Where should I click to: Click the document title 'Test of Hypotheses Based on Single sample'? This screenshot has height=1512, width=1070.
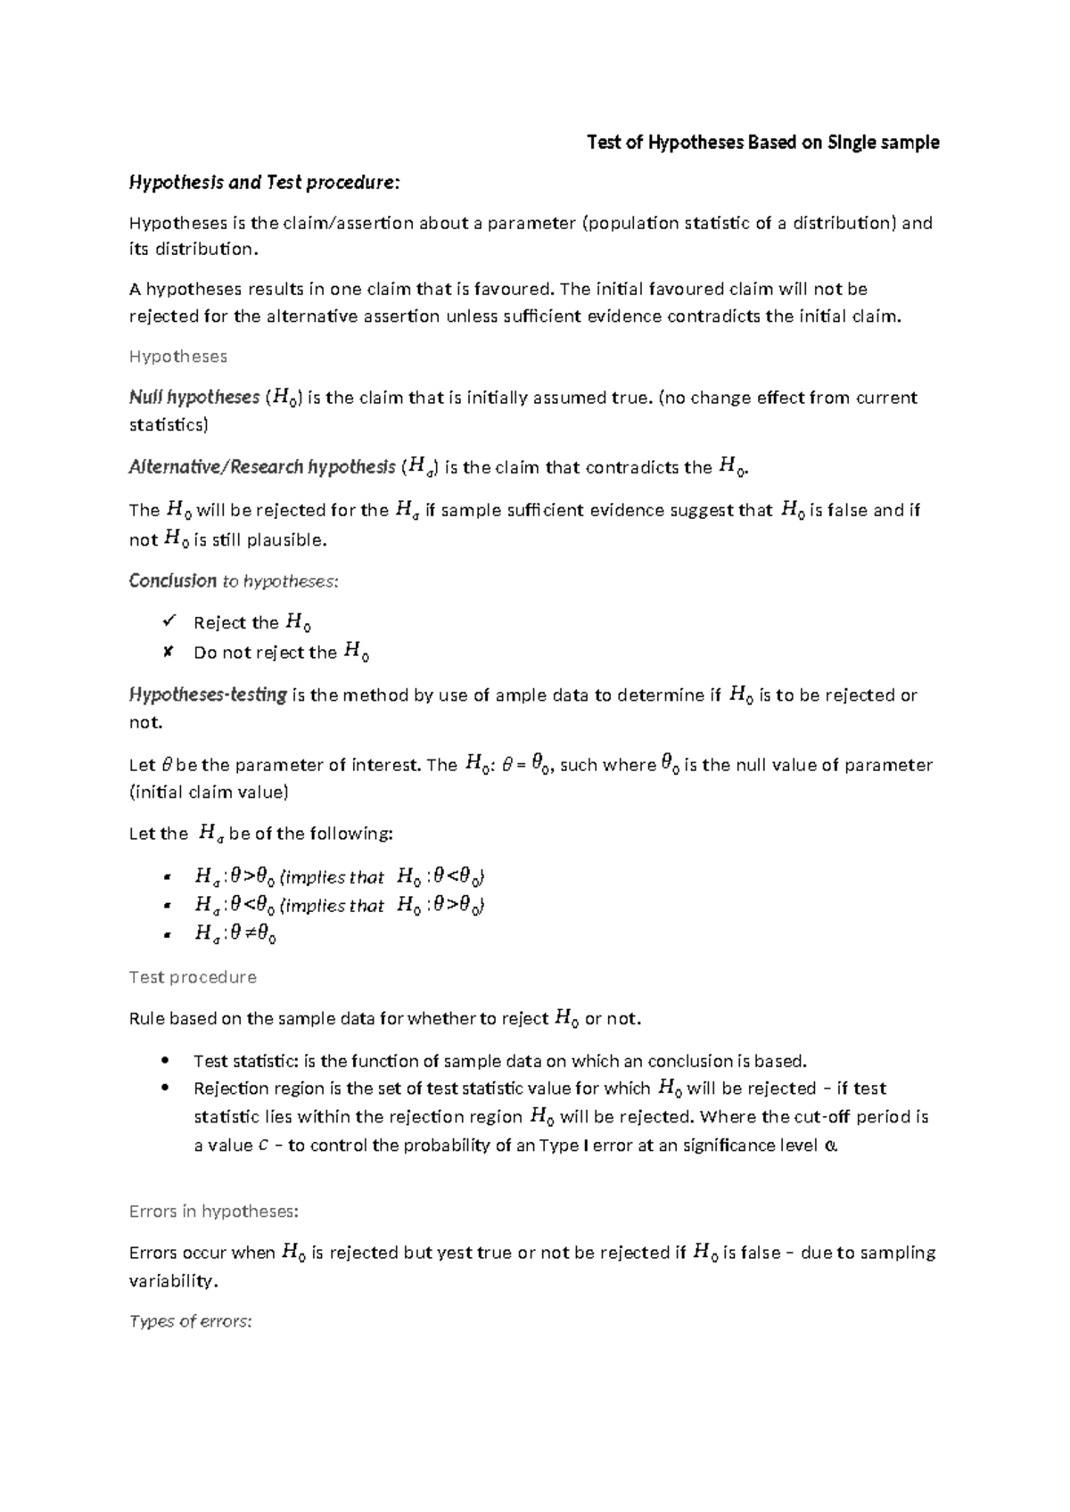tap(762, 143)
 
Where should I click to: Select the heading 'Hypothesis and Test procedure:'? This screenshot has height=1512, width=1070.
tap(265, 183)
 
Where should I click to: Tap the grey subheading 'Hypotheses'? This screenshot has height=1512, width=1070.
tap(177, 357)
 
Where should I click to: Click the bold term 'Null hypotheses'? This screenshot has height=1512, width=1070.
tap(194, 398)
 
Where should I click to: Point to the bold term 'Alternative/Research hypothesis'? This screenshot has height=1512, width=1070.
tap(262, 467)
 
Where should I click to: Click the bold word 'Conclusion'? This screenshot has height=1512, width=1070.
tap(172, 581)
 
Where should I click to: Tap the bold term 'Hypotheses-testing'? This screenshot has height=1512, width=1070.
tap(208, 694)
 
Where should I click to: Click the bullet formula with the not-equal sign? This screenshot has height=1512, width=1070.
tap(235, 934)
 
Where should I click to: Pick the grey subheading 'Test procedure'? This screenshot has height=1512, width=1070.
tap(193, 977)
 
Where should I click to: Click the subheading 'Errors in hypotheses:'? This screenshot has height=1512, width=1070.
tap(214, 1212)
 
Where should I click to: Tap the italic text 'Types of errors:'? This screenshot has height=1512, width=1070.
tap(191, 1321)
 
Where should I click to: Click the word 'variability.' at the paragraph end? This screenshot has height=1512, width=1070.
tap(173, 1281)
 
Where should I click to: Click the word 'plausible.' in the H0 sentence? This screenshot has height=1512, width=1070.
tap(286, 540)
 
